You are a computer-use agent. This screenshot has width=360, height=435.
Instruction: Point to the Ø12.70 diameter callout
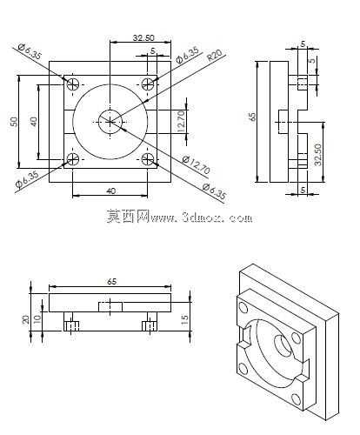[196, 164]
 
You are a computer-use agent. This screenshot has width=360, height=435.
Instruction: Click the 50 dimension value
[14, 122]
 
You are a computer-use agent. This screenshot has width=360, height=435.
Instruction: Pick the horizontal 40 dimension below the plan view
[111, 191]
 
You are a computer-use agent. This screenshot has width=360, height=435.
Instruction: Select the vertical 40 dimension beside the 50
[34, 122]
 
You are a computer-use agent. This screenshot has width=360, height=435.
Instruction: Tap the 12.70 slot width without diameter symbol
[180, 122]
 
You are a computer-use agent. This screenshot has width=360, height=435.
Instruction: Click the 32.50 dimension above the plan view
[143, 37]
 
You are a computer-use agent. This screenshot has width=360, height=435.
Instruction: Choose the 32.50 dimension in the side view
[318, 155]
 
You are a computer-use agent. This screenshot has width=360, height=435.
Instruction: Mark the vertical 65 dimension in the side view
[253, 117]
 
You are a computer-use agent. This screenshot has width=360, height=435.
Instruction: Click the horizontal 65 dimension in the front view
[111, 282]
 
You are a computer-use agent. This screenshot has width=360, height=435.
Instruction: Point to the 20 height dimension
[26, 319]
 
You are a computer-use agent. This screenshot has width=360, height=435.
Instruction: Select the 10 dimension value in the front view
[37, 318]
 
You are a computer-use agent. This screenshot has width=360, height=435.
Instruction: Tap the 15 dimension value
[184, 319]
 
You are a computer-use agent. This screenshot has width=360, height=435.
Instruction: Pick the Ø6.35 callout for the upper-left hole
[30, 51]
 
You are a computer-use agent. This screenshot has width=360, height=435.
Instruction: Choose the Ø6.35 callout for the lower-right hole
[214, 191]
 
